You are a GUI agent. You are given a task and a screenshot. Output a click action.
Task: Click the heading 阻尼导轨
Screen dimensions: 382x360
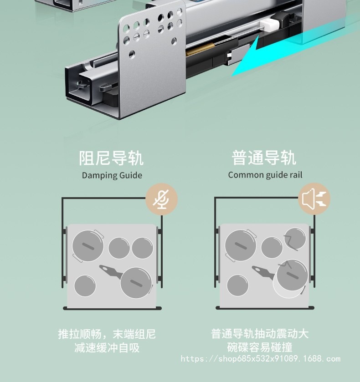[111, 158]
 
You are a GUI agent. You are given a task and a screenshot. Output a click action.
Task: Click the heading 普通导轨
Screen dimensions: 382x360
[264, 158]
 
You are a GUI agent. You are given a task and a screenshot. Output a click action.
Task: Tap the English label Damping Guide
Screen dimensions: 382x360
[112, 175]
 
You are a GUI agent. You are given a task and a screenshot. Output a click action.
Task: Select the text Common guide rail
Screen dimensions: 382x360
[265, 175]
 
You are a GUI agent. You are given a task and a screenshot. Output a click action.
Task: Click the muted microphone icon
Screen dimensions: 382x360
[161, 199]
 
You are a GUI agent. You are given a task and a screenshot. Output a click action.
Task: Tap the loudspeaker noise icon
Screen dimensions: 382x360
[314, 199]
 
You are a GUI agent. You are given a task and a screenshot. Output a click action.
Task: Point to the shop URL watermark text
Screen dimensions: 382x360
[261, 359]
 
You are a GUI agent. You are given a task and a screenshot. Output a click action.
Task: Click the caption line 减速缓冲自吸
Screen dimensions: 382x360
[107, 348]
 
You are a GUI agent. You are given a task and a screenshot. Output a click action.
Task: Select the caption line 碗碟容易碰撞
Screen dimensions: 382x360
[260, 348]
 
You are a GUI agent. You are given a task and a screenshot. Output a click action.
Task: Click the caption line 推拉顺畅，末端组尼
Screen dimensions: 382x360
[107, 334]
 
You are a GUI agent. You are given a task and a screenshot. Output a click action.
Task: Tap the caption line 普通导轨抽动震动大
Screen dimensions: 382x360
[260, 334]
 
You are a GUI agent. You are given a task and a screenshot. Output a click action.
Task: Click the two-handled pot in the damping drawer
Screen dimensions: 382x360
[87, 246]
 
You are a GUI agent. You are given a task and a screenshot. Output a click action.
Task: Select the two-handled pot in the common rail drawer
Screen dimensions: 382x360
[241, 246]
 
